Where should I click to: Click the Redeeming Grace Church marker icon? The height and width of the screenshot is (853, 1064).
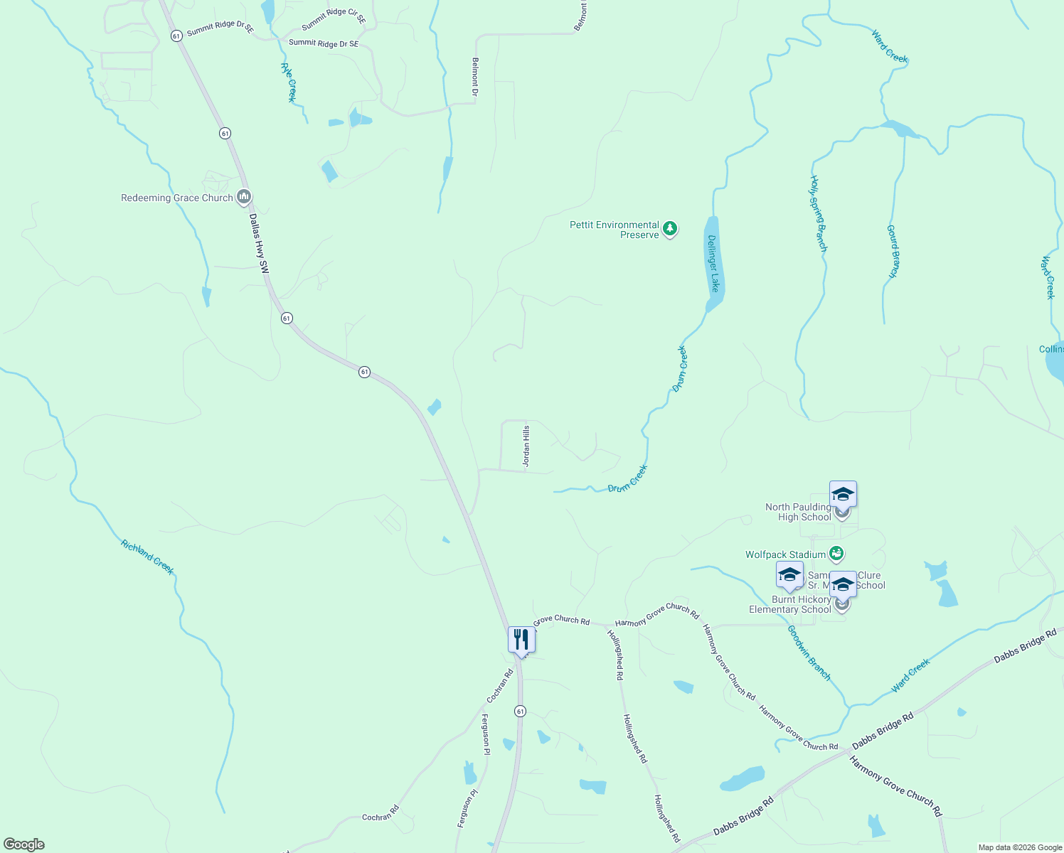tap(244, 197)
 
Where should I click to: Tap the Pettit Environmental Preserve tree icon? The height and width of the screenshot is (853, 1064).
tap(669, 229)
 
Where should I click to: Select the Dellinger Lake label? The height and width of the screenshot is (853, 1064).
tap(713, 263)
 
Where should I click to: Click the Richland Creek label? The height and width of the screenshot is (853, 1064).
tap(147, 557)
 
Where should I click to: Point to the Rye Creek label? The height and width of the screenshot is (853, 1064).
tap(288, 82)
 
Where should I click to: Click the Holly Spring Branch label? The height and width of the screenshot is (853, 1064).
tap(819, 214)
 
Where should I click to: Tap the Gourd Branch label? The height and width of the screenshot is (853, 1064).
tap(893, 252)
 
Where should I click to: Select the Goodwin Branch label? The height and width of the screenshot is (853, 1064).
tap(809, 653)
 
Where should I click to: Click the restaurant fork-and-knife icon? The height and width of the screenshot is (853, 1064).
tap(521, 640)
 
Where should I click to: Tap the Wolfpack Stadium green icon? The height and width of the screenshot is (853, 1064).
tap(836, 553)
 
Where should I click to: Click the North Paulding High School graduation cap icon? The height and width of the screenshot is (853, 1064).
tap(843, 494)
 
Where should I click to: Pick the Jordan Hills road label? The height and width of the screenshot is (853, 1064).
tap(527, 446)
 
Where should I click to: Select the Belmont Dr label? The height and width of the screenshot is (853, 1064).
tap(475, 77)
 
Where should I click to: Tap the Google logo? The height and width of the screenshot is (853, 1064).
tap(24, 844)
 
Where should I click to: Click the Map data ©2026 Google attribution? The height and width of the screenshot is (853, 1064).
tap(1018, 847)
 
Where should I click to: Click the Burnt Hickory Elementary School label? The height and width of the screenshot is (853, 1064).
tap(789, 604)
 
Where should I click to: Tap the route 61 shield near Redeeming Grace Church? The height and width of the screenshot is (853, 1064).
tap(225, 133)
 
